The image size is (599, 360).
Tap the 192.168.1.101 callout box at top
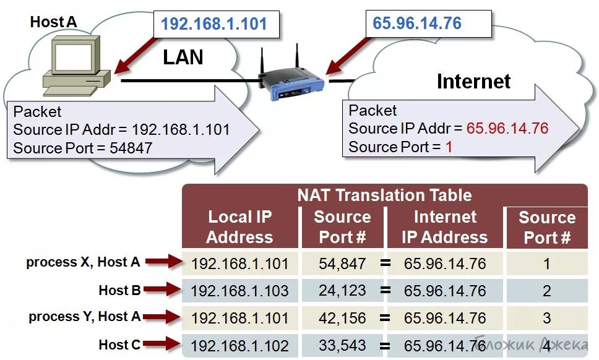[x=214, y=24]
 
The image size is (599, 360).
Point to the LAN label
[x=183, y=58]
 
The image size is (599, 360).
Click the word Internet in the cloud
[x=474, y=81]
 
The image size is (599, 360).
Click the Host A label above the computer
[x=54, y=22]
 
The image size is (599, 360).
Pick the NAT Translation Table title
[x=384, y=195]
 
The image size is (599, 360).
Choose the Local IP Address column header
[x=239, y=227]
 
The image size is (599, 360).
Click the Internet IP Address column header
[x=444, y=227]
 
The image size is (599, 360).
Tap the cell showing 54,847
[x=342, y=264]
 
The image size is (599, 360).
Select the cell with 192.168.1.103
[x=239, y=291]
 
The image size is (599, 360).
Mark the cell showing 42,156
[x=342, y=318]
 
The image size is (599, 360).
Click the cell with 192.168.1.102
[x=239, y=345]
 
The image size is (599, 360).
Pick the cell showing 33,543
[x=342, y=345]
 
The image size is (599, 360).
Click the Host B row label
[x=119, y=290]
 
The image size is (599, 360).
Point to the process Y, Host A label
[x=85, y=317]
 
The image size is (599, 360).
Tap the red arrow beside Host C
[x=163, y=345]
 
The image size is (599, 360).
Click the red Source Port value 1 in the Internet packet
[x=449, y=147]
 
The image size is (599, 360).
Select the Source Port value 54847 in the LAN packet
[x=131, y=148]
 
